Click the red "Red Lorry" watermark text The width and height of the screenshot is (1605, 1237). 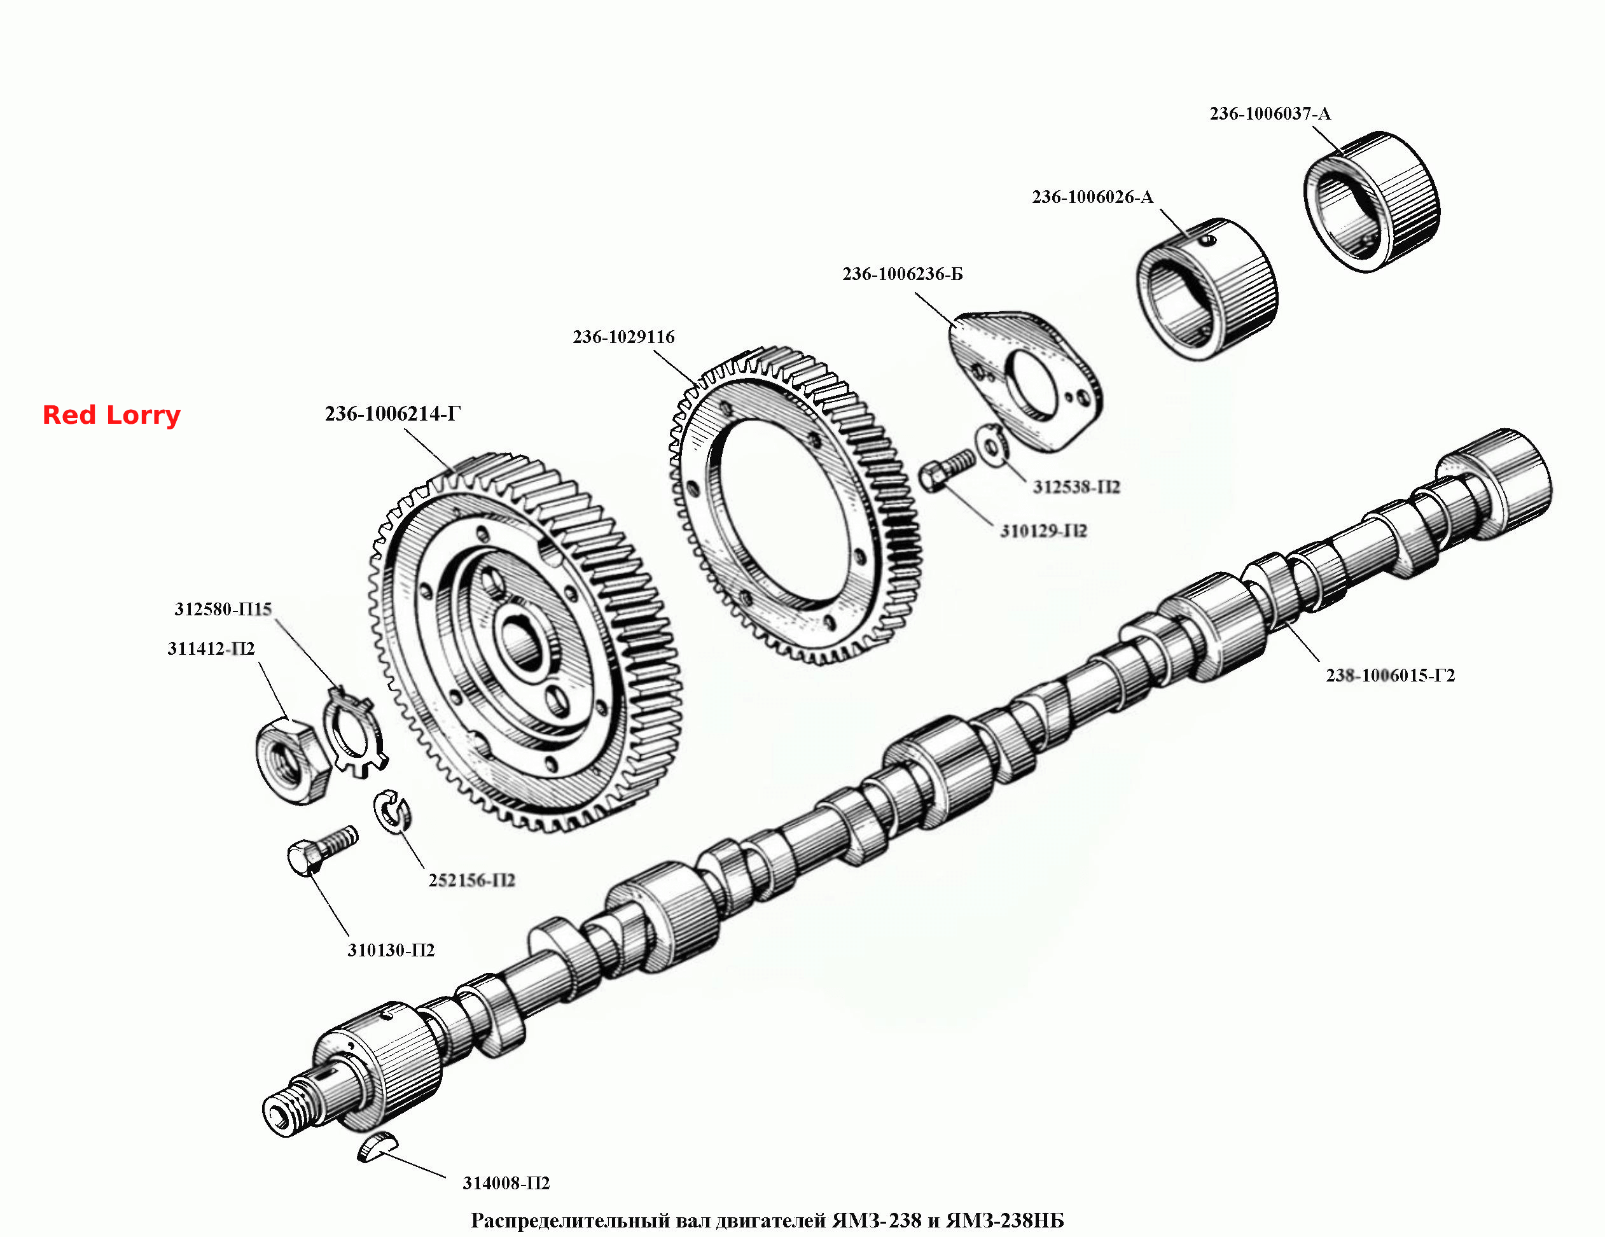(x=111, y=416)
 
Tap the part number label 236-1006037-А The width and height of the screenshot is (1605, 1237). (x=1270, y=114)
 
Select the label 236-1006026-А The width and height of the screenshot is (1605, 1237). (x=1093, y=197)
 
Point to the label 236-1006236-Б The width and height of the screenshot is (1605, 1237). (x=903, y=274)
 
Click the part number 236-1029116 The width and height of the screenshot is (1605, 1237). (x=623, y=337)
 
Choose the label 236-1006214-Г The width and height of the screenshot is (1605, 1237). (x=393, y=414)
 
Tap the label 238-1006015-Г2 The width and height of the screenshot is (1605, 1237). (x=1390, y=674)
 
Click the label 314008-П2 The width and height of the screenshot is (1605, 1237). (x=506, y=1183)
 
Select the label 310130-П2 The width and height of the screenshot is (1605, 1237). (x=391, y=949)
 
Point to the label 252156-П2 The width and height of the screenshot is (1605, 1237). (x=472, y=880)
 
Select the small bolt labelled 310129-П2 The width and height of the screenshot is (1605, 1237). (x=947, y=470)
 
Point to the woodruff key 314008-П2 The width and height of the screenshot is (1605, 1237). (x=378, y=1147)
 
